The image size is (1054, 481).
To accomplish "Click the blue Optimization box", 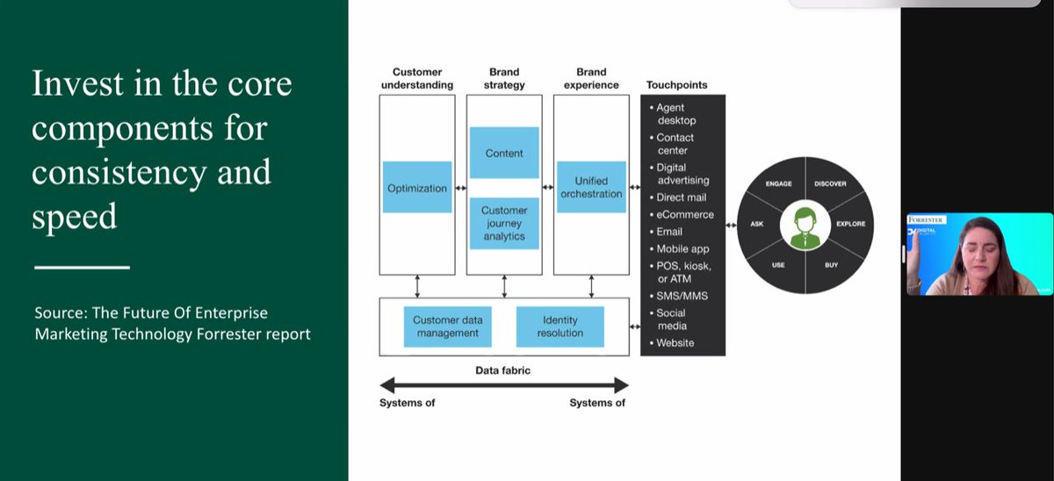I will tap(417, 188).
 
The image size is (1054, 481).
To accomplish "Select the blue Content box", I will tap(504, 153).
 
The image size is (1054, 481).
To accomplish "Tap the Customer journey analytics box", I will tap(504, 223).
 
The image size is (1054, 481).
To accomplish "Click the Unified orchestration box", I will tap(591, 187).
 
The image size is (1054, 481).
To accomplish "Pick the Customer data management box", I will tap(446, 327).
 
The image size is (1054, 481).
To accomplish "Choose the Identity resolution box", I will tap(560, 327).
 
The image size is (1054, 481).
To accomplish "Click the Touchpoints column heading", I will tap(676, 85).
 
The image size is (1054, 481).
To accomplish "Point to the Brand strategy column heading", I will tap(504, 78).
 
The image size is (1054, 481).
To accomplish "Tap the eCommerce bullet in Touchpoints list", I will tap(685, 214).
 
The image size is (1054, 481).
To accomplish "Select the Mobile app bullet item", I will tap(682, 249).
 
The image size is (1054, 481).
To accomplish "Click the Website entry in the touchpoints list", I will tap(675, 342).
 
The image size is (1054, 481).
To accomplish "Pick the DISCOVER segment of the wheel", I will tap(830, 184).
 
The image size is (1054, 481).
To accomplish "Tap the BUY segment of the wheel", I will tap(830, 264).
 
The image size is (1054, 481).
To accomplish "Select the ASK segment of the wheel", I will tap(757, 224).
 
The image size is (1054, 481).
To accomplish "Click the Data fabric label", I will tap(503, 370).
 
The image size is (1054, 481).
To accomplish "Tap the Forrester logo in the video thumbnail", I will tap(926, 220).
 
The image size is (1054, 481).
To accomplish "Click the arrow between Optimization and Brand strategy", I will tap(460, 188).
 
